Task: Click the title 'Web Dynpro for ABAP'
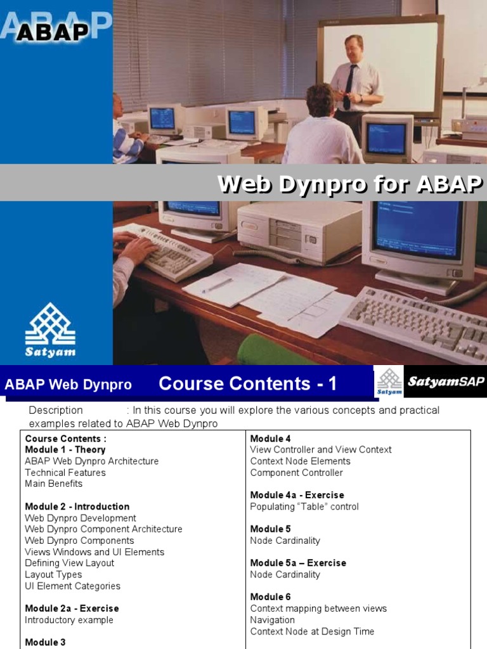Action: coord(350,184)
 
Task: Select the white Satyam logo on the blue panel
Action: coord(50,330)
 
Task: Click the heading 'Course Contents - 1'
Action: coord(248,383)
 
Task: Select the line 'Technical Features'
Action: coord(65,473)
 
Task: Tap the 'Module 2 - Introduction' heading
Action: coord(77,506)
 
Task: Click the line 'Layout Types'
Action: coord(53,575)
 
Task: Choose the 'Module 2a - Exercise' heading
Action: coord(72,608)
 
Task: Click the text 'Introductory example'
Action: coord(69,620)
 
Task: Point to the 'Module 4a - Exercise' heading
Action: coord(297,495)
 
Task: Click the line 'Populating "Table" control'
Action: coord(304,506)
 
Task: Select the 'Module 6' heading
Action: coord(271,597)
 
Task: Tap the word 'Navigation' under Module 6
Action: coord(273,620)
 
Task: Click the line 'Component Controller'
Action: coord(296,473)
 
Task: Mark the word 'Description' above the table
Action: coord(56,410)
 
